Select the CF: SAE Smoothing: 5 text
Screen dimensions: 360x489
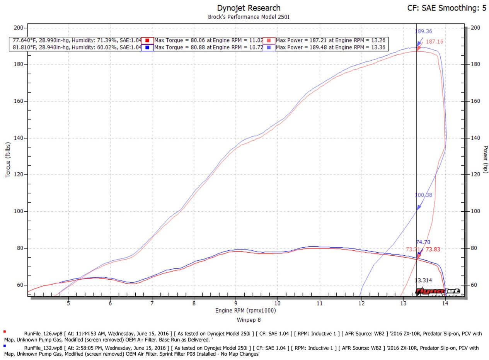point(447,8)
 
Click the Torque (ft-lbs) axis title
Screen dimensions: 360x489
point(8,159)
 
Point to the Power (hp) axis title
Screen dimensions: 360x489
point(486,159)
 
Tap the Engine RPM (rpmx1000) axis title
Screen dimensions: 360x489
point(245,311)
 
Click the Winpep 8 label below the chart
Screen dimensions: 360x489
point(248,320)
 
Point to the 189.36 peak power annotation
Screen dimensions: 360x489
point(423,32)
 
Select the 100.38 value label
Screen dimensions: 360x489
point(423,195)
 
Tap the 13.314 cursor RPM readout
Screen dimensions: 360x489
point(423,280)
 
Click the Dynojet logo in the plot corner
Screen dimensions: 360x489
point(437,292)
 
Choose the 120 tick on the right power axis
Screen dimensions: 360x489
point(475,175)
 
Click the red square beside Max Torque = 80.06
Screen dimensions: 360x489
point(147,40)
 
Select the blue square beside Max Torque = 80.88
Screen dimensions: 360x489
point(147,48)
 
